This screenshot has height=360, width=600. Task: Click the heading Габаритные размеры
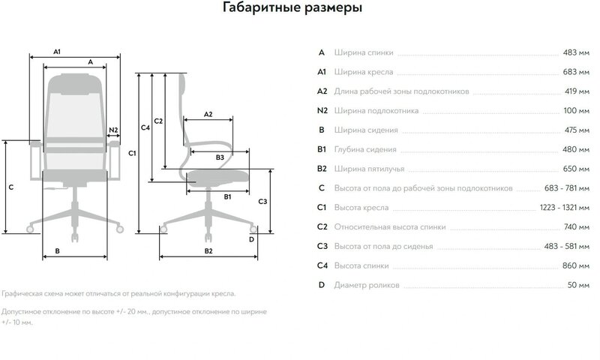(x=293, y=9)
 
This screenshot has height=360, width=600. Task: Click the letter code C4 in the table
(x=322, y=266)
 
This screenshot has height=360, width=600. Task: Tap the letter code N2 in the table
(x=322, y=111)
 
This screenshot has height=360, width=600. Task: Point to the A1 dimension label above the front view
(x=58, y=51)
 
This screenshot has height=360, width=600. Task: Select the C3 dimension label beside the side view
(x=262, y=202)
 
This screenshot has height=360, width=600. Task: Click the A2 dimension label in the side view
(x=208, y=115)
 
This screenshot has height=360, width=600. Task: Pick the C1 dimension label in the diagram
(x=132, y=154)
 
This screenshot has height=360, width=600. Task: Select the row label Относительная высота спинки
(x=390, y=227)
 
